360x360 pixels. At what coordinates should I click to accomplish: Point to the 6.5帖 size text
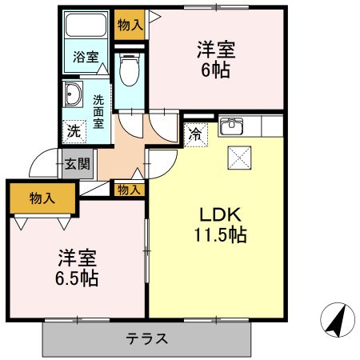click(77, 279)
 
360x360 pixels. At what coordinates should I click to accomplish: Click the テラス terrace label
click(147, 338)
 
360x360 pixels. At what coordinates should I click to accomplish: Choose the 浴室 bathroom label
click(86, 57)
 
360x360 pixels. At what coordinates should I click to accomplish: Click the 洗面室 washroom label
click(98, 112)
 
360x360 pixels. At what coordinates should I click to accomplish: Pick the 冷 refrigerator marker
click(195, 134)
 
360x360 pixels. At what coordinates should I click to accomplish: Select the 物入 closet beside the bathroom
click(130, 24)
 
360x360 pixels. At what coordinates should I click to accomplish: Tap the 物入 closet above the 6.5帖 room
click(43, 198)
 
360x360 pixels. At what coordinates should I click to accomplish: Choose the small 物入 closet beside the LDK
click(128, 190)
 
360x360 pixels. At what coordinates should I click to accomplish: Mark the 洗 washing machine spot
click(74, 130)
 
